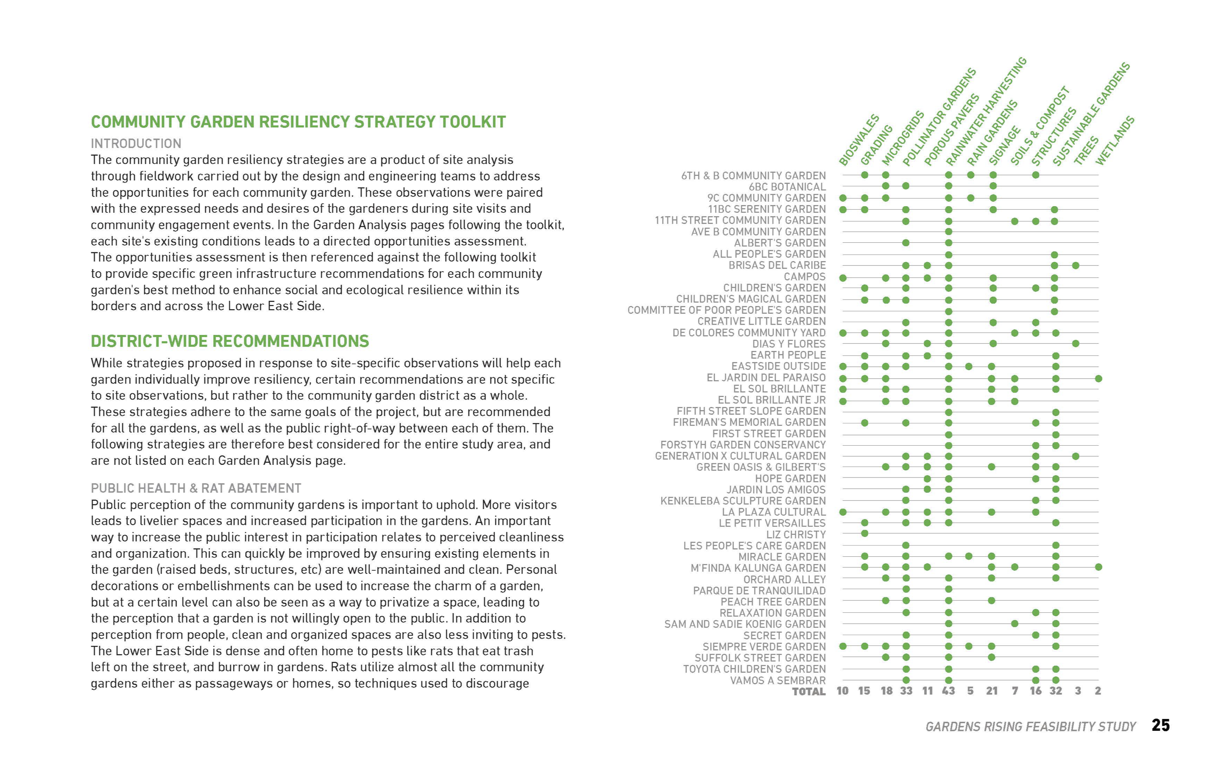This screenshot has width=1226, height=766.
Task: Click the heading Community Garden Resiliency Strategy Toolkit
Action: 298,122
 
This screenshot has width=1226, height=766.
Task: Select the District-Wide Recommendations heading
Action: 230,342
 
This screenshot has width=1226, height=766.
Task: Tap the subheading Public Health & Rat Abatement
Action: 196,488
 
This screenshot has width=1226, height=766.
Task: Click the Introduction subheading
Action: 136,144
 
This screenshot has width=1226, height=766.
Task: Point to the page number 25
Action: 1160,726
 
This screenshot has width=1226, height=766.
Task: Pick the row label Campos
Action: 805,277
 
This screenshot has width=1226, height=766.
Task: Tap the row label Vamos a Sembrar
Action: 778,680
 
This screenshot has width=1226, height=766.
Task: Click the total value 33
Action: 906,691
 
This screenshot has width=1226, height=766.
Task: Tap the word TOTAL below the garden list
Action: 809,692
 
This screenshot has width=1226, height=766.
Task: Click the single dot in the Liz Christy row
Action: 864,534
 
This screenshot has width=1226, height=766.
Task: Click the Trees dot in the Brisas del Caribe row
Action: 1076,266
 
